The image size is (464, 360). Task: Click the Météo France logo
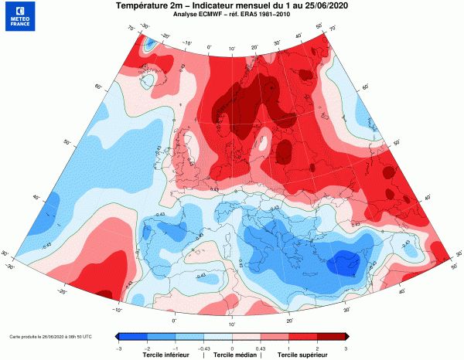[19, 18]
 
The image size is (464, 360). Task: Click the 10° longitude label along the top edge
[230, 48]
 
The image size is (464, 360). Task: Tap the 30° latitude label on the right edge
[459, 253]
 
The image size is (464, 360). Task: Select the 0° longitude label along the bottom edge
[174, 319]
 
